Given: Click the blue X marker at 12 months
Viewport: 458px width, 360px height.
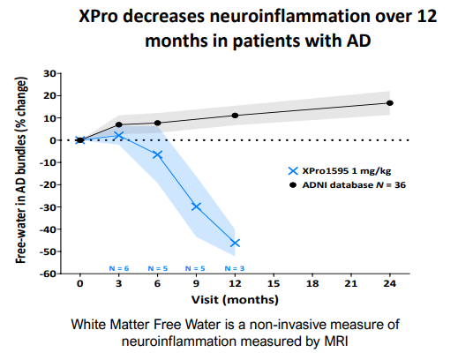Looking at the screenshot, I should (x=235, y=243).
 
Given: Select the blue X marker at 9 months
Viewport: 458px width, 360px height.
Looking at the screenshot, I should (x=196, y=206).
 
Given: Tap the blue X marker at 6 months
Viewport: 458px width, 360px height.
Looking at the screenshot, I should (x=157, y=154).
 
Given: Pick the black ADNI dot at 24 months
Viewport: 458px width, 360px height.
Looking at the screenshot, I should (x=390, y=103).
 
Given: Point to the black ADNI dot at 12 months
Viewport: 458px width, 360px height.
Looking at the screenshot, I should (x=235, y=116).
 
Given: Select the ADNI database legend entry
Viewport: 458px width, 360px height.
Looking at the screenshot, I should (x=350, y=184).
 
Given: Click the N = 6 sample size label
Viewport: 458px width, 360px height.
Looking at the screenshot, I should (x=118, y=267).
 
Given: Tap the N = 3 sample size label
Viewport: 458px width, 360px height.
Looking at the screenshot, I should (x=235, y=267).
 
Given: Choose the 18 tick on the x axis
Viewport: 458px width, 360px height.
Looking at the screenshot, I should (x=312, y=285).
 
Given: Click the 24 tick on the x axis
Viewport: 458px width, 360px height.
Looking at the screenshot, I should (x=390, y=285).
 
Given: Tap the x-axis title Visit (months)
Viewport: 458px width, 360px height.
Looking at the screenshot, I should (x=235, y=299).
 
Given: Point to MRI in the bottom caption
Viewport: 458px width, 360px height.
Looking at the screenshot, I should (x=336, y=340).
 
